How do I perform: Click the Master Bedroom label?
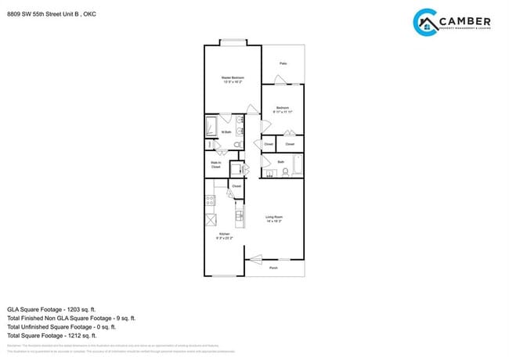pos(233,78)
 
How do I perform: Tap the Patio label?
pos(283,63)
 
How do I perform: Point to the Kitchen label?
pos(223,235)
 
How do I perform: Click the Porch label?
pos(274,268)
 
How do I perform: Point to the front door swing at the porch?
pos(255,256)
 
